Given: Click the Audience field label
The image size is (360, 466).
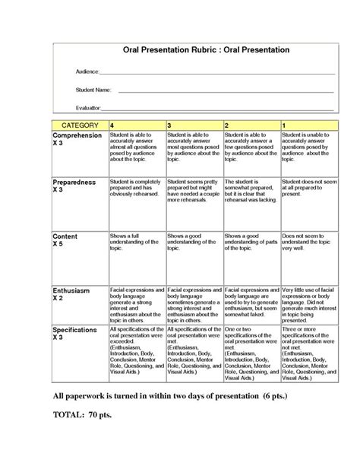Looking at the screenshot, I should point(87,71).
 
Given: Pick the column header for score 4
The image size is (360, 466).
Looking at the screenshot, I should point(113,124).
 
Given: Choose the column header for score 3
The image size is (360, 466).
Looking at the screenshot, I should point(169,124).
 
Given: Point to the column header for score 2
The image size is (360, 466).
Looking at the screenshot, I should point(226,124).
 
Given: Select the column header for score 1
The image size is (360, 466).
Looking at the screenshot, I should point(284,124).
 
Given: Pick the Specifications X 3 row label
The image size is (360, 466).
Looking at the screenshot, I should point(77,335).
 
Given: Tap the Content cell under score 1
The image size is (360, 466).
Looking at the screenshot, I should point(308,244).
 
